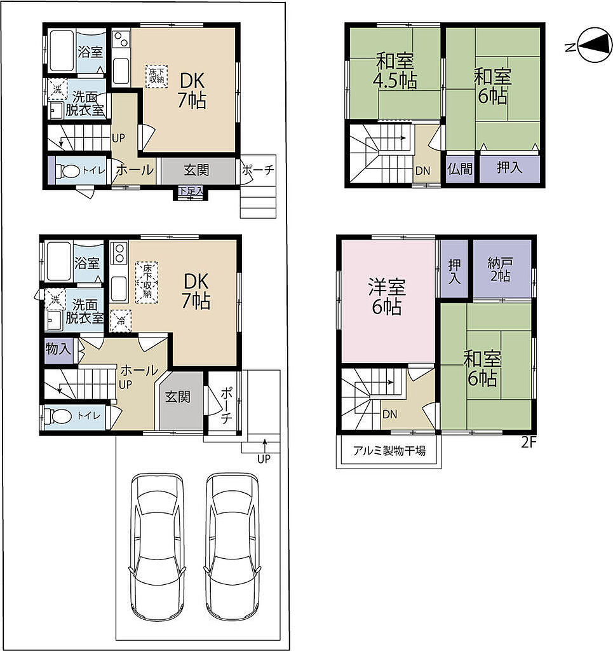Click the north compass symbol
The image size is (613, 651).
(x=595, y=45)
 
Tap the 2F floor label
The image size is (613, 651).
(x=529, y=442)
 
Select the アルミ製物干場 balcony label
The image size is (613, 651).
(x=389, y=451)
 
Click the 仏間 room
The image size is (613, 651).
(x=460, y=169)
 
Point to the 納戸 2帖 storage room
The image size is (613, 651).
(x=502, y=270)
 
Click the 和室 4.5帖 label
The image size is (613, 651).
(x=395, y=71)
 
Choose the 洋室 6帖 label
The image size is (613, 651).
(x=387, y=297)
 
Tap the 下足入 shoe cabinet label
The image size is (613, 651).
(x=191, y=191)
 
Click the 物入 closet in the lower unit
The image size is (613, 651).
(x=58, y=351)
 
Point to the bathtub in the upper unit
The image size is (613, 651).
(x=62, y=51)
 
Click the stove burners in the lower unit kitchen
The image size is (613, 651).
(x=119, y=253)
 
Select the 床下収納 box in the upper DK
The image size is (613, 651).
(x=156, y=76)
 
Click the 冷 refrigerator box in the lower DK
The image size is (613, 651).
(x=121, y=321)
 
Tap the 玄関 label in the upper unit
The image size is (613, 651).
(x=196, y=170)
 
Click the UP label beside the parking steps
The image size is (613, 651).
(x=264, y=459)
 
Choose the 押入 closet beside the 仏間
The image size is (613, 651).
(x=509, y=169)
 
